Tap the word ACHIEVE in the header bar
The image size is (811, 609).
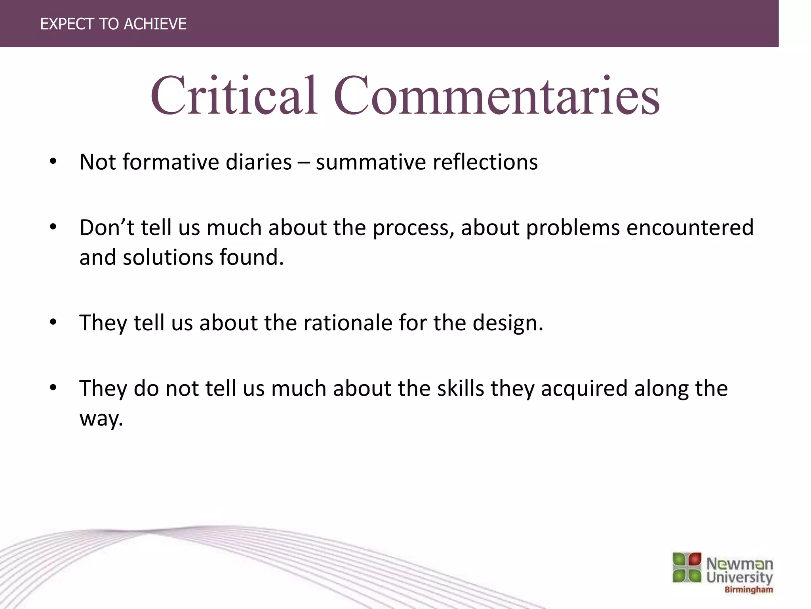point(155,24)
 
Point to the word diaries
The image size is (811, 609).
point(258,162)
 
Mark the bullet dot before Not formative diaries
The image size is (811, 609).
point(53,162)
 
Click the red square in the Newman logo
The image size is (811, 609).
point(695,559)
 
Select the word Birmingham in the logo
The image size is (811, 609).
point(748,590)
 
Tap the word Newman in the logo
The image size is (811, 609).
point(739,563)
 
